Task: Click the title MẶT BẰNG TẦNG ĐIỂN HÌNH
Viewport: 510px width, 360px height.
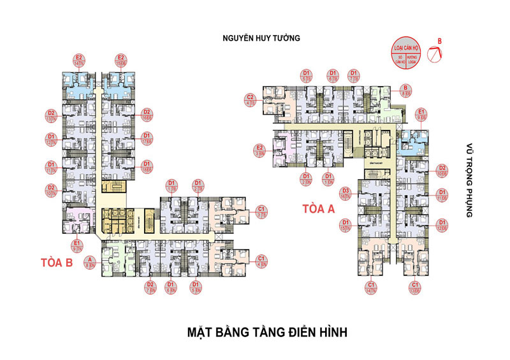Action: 259,333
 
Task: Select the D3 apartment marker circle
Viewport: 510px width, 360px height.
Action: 346,194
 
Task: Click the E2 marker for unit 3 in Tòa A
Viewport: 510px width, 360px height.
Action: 259,150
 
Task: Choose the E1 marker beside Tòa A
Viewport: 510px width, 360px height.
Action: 422,114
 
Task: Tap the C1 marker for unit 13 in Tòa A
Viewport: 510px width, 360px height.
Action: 415,287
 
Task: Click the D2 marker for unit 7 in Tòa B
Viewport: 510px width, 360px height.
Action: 150,287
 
